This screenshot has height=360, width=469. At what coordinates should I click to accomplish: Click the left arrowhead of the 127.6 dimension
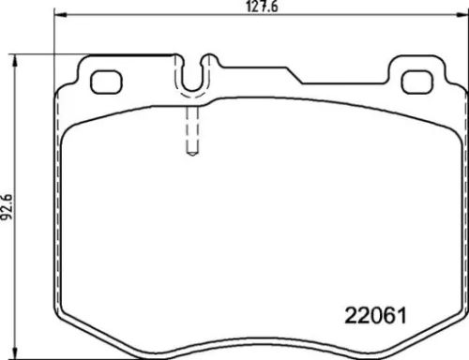(58, 15)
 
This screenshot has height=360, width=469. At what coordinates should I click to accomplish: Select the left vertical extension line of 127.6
(55, 47)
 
